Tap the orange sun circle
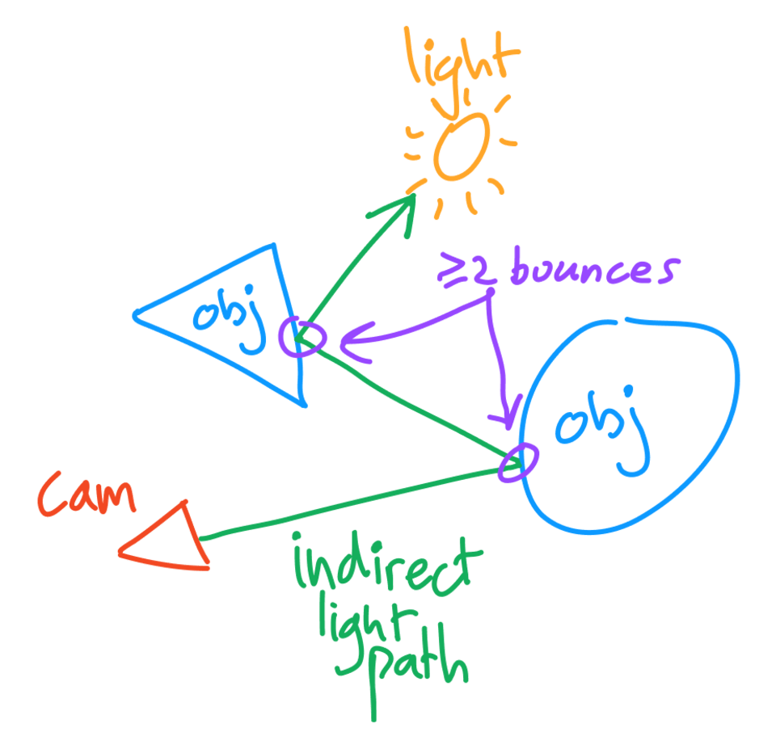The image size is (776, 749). (x=461, y=146)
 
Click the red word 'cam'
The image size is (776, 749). (x=86, y=496)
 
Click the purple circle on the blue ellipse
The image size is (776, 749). (x=517, y=463)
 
